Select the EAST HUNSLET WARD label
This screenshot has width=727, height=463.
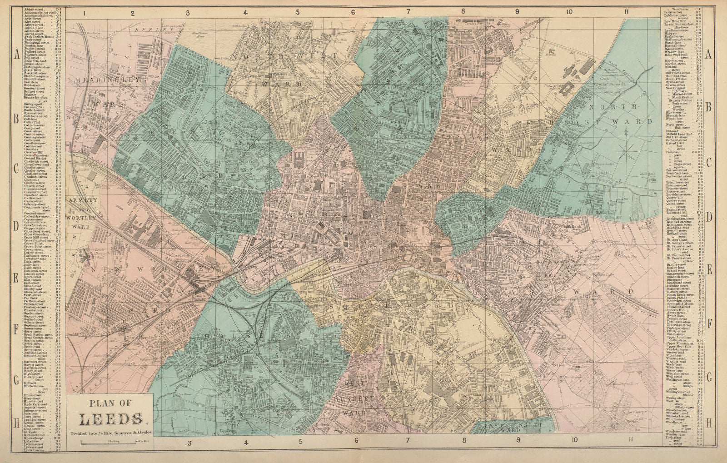click(497, 427)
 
